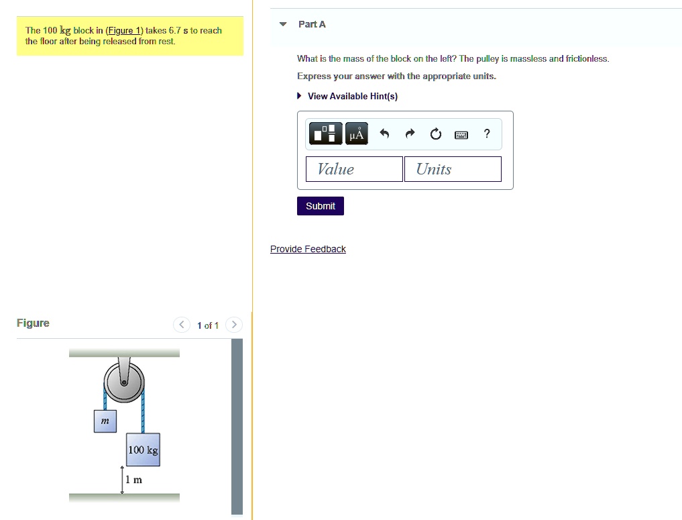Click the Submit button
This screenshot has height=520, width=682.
[x=320, y=206]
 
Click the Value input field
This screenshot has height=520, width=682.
[x=354, y=169]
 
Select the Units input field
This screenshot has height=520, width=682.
[x=453, y=169]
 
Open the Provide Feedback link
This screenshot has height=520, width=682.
[x=308, y=249]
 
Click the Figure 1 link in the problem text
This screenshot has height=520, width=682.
[x=124, y=30]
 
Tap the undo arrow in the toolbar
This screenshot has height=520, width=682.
[x=384, y=133]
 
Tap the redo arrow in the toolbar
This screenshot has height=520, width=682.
[x=410, y=133]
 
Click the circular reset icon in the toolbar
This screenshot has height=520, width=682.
[x=435, y=134]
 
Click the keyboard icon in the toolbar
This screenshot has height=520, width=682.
[x=461, y=135]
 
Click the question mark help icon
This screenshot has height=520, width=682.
[x=487, y=133]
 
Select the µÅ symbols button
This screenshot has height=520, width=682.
[x=357, y=134]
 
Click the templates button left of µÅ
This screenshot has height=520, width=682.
[x=325, y=134]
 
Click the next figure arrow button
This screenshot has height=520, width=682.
[x=234, y=325]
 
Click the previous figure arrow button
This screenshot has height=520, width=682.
[x=182, y=325]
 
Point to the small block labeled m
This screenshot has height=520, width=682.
[x=105, y=421]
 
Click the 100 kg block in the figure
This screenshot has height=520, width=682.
[x=143, y=450]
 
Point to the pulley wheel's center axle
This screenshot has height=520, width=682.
[x=124, y=383]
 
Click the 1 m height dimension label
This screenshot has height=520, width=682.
[x=133, y=480]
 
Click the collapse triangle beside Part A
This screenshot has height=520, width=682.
[x=283, y=24]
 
